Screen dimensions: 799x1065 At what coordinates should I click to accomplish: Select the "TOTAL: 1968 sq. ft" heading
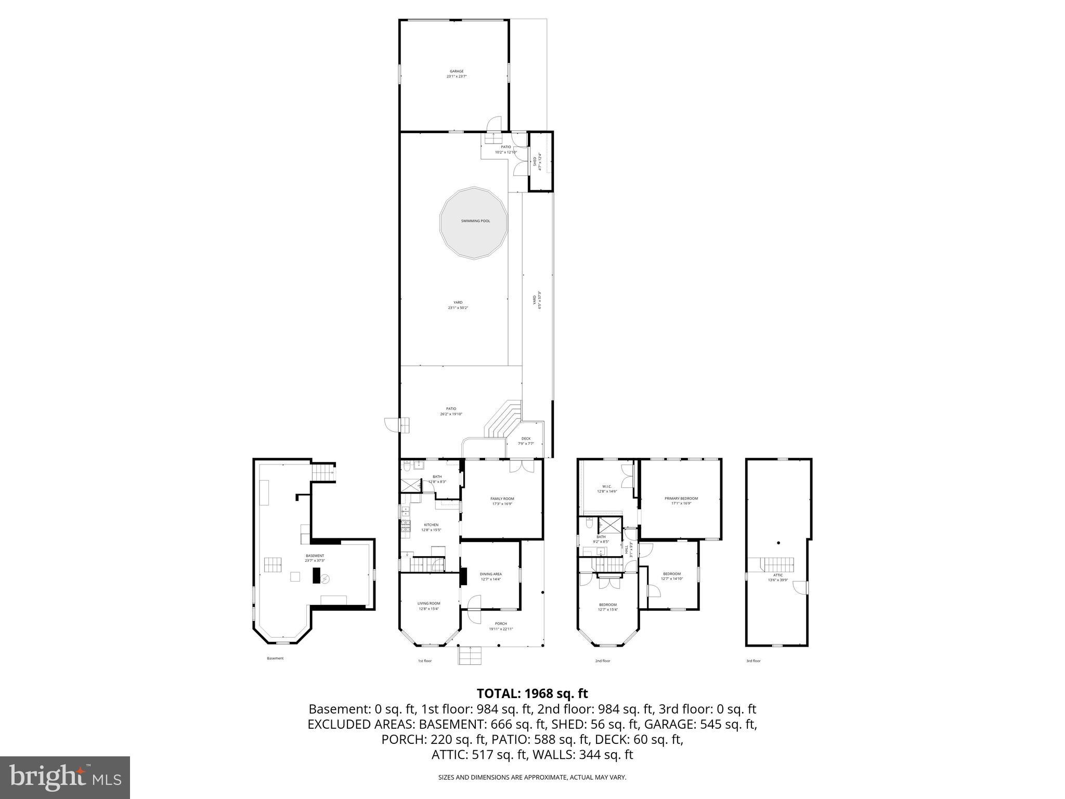[x=532, y=693]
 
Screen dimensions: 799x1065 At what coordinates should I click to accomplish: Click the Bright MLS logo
[x=65, y=778]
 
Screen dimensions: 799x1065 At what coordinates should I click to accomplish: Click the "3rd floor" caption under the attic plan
[x=753, y=661]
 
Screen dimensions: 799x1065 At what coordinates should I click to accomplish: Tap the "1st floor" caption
[x=424, y=661]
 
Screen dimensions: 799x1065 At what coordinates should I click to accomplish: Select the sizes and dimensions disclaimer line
[x=532, y=778]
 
